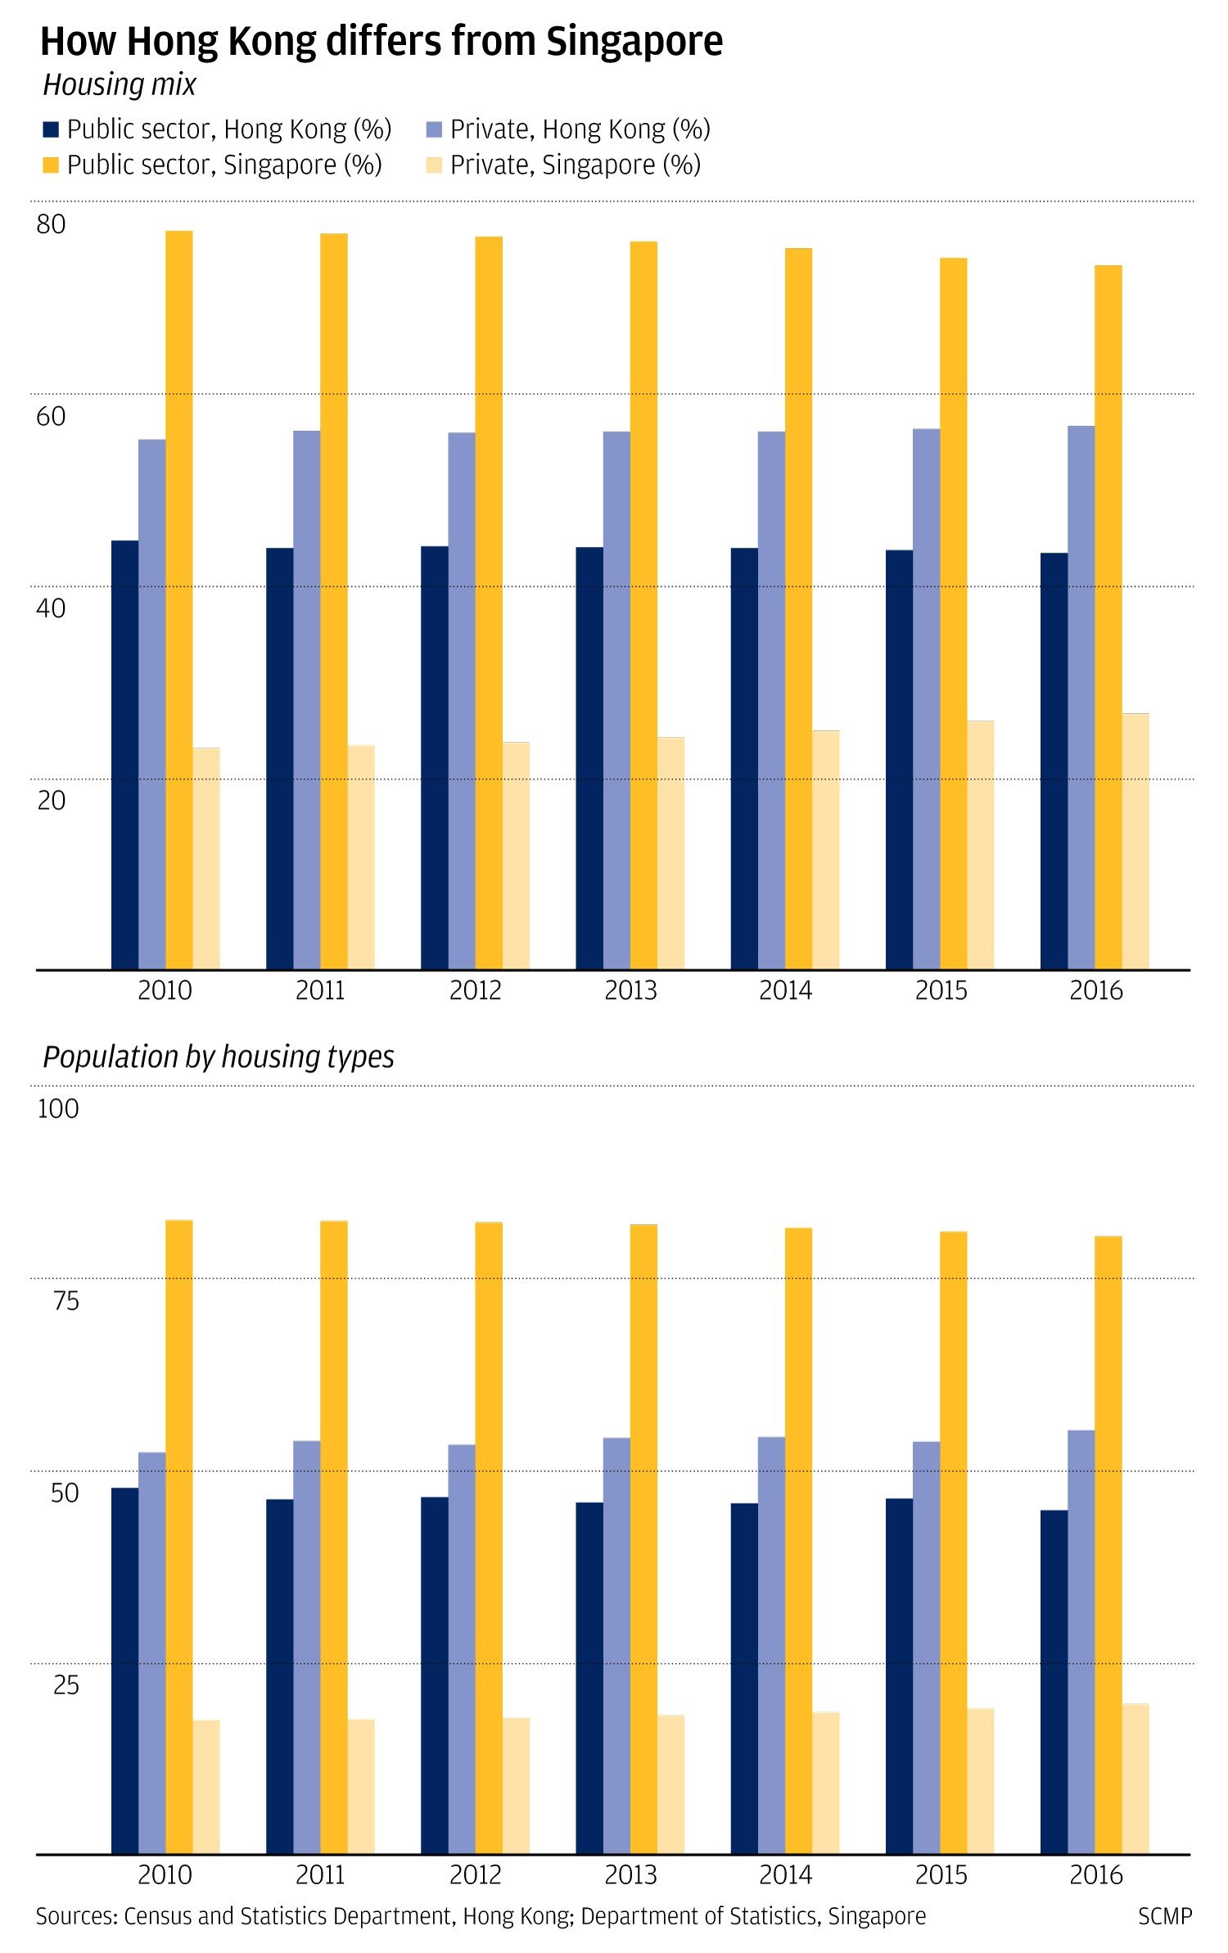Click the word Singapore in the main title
634,41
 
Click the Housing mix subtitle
120,85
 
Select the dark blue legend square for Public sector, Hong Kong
51,129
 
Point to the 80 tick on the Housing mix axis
51,224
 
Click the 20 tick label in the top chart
51,800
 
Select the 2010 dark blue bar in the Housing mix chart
124,753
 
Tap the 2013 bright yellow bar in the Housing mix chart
643,606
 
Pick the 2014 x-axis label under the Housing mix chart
785,991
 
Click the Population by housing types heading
219,1057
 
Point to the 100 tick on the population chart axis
58,1109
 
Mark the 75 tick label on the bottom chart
65,1301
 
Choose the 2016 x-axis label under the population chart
1095,1875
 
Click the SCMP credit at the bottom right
1164,1916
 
